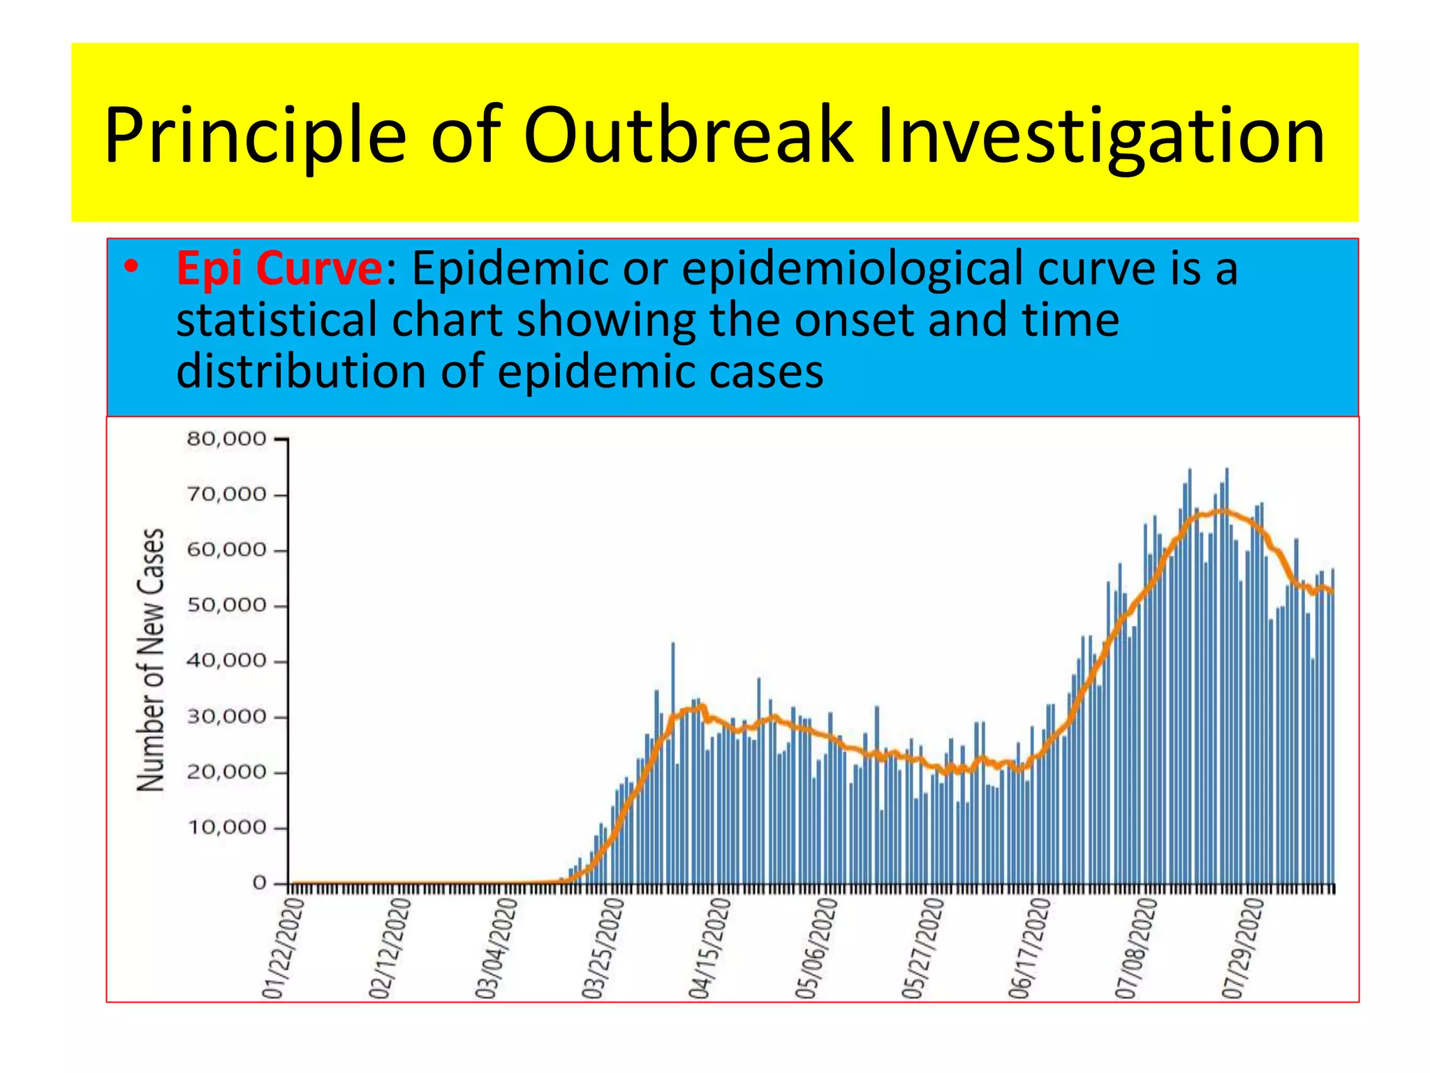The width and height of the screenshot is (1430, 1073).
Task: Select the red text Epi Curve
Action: tap(279, 268)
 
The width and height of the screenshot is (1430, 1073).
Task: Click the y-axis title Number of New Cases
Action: tap(150, 659)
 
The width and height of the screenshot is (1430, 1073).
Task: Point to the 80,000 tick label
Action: tap(227, 439)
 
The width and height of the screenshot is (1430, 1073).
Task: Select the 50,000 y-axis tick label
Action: tap(227, 606)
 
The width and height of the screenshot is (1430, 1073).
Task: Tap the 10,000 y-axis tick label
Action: tap(227, 828)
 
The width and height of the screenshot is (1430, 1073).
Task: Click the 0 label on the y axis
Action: tap(259, 884)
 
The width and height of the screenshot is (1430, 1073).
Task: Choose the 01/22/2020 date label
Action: tap(283, 949)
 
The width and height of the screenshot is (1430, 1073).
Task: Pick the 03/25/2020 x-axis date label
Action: tap(603, 949)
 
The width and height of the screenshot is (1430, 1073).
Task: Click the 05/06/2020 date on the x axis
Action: tap(816, 949)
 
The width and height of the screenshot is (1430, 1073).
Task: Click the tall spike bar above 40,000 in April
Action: tap(672, 699)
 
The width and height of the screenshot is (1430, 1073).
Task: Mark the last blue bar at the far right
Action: tap(1332, 727)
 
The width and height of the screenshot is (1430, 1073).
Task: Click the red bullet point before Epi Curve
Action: tap(131, 268)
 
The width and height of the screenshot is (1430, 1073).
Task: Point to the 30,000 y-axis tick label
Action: tap(227, 717)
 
